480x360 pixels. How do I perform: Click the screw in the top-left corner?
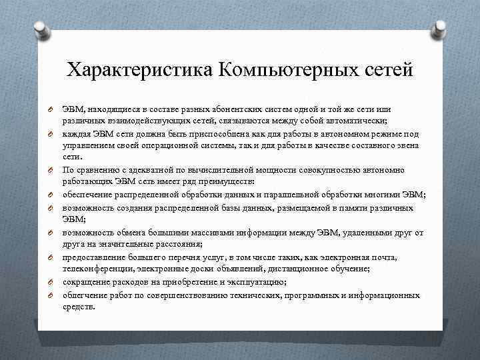point(40,29)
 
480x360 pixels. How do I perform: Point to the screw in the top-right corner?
point(441,29)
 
